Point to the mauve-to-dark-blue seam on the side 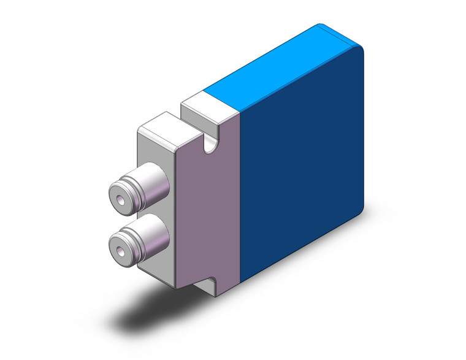(x=240, y=202)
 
